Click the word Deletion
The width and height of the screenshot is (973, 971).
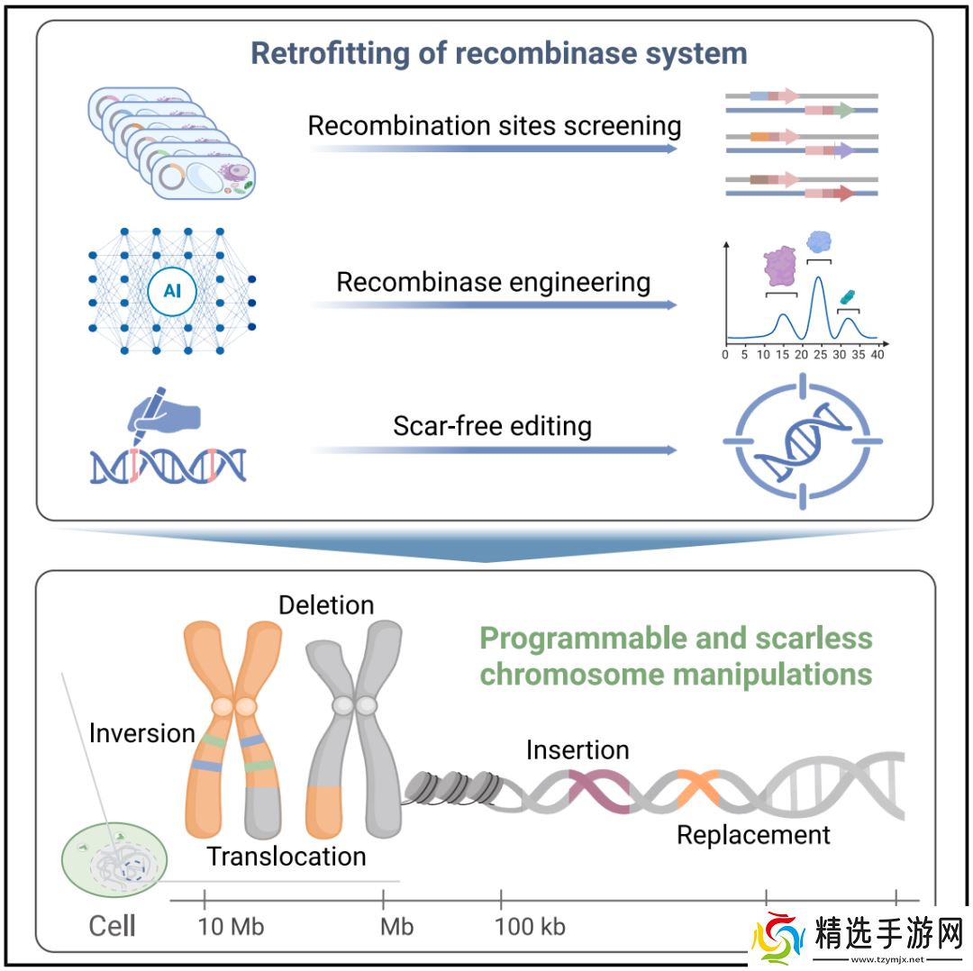[326, 605]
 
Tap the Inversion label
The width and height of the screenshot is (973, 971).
[142, 733]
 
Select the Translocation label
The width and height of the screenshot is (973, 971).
[286, 856]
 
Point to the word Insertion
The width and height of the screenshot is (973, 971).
[577, 749]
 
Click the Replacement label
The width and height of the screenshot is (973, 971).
[753, 835]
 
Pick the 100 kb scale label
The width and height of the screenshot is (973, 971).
[531, 926]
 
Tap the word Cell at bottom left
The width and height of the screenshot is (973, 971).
[113, 926]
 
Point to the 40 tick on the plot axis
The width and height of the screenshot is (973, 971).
[878, 355]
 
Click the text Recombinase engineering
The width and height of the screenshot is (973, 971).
[494, 282]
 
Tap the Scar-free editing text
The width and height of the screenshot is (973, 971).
[492, 426]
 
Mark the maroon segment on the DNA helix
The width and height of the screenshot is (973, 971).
[599, 789]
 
